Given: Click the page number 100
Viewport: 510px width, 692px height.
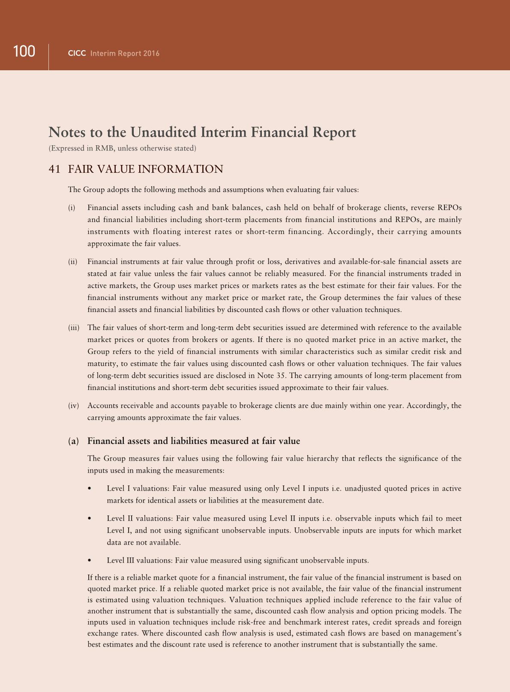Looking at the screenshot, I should point(24,52).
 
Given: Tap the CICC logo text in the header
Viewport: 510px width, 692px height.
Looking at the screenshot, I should point(77,54).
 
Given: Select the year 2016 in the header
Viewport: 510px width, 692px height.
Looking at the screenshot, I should point(151,54).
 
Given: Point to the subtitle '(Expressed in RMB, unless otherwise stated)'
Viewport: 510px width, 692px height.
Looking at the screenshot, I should point(123,149).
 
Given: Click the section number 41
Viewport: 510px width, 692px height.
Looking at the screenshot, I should point(54,169).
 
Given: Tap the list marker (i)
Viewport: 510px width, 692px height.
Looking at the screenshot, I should point(72,208).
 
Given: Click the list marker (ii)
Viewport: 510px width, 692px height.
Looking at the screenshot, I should point(72,262).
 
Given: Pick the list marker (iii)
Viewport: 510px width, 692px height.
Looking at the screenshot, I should point(74,328).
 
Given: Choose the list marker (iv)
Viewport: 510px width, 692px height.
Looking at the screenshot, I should point(73,406).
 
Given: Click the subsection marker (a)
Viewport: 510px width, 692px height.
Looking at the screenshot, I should point(73,441).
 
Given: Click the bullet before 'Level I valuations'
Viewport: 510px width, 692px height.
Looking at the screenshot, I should point(90,488).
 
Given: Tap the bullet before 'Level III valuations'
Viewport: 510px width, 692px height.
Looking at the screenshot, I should point(90,560).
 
